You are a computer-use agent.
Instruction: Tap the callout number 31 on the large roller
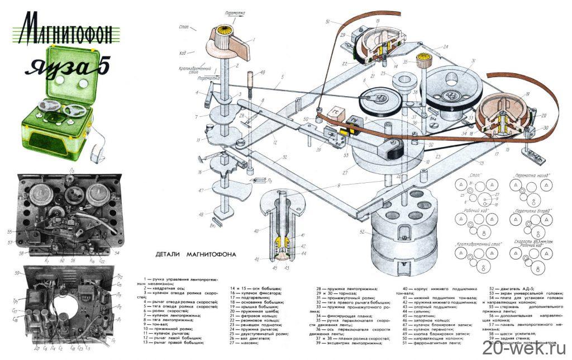pyautogui.click(x=473, y=61)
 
